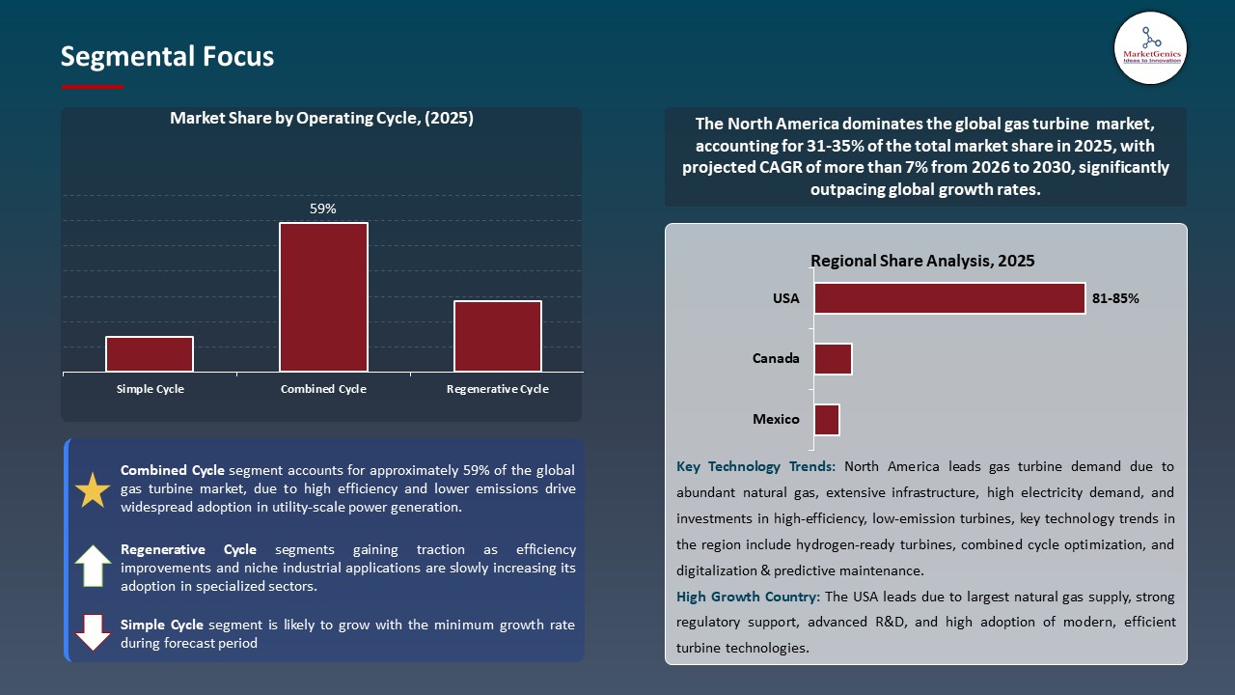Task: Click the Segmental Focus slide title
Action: (x=167, y=57)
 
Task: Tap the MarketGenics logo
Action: (x=1150, y=47)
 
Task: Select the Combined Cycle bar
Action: (x=323, y=297)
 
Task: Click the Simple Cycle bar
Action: (x=150, y=354)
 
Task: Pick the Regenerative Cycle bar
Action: (x=498, y=336)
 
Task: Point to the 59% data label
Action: (x=323, y=208)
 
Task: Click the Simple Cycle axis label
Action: (x=150, y=389)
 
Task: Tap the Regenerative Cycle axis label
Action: (x=498, y=389)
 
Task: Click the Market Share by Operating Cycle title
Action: (x=321, y=119)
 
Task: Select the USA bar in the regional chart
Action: (x=949, y=298)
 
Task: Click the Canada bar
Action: (x=833, y=359)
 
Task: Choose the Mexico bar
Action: (x=827, y=420)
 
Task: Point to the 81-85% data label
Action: (x=1115, y=299)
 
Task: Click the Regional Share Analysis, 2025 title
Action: (x=922, y=261)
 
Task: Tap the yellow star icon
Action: (x=94, y=490)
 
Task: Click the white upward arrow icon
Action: (x=94, y=566)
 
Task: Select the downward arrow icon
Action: (x=94, y=632)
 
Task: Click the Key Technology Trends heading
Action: (x=756, y=467)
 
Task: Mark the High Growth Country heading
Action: (x=749, y=598)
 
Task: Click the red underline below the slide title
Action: (x=93, y=87)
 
